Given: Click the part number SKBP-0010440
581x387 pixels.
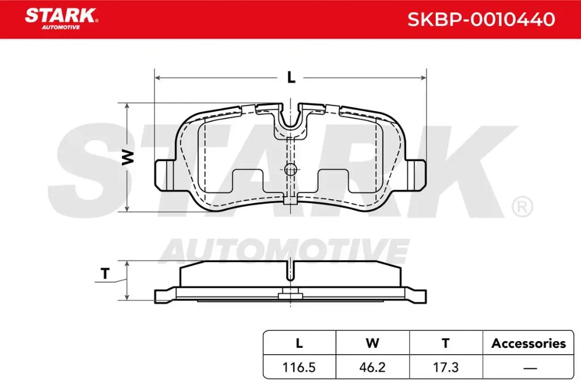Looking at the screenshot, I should (x=481, y=20).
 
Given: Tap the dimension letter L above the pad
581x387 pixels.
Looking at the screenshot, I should (x=291, y=78).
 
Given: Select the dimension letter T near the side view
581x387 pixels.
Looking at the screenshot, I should (x=105, y=274).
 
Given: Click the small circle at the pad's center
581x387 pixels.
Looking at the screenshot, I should (x=290, y=169).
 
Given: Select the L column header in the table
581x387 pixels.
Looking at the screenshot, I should (x=300, y=343).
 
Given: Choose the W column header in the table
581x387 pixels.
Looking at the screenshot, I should (x=372, y=343).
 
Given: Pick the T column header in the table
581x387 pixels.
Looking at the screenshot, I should (x=445, y=343).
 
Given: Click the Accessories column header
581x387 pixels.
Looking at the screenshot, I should (x=528, y=343).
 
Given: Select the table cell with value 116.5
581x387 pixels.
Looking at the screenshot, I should (x=300, y=367).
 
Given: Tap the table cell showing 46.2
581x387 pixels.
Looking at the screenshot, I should (x=372, y=367).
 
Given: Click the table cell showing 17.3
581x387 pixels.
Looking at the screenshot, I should (x=445, y=367).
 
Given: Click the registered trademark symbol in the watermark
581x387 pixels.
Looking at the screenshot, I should (x=521, y=207).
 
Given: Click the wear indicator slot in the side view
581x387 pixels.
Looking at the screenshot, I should (x=290, y=270).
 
